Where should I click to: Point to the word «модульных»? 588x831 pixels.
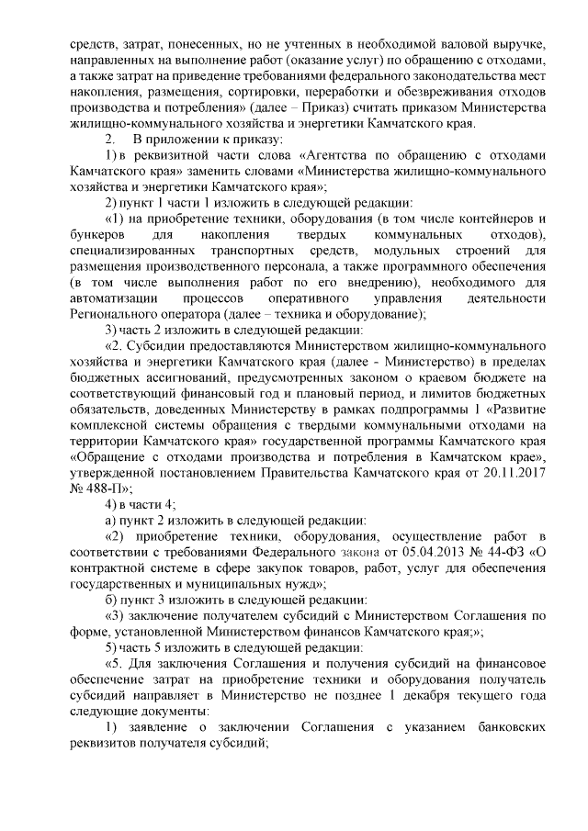tap(413, 253)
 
